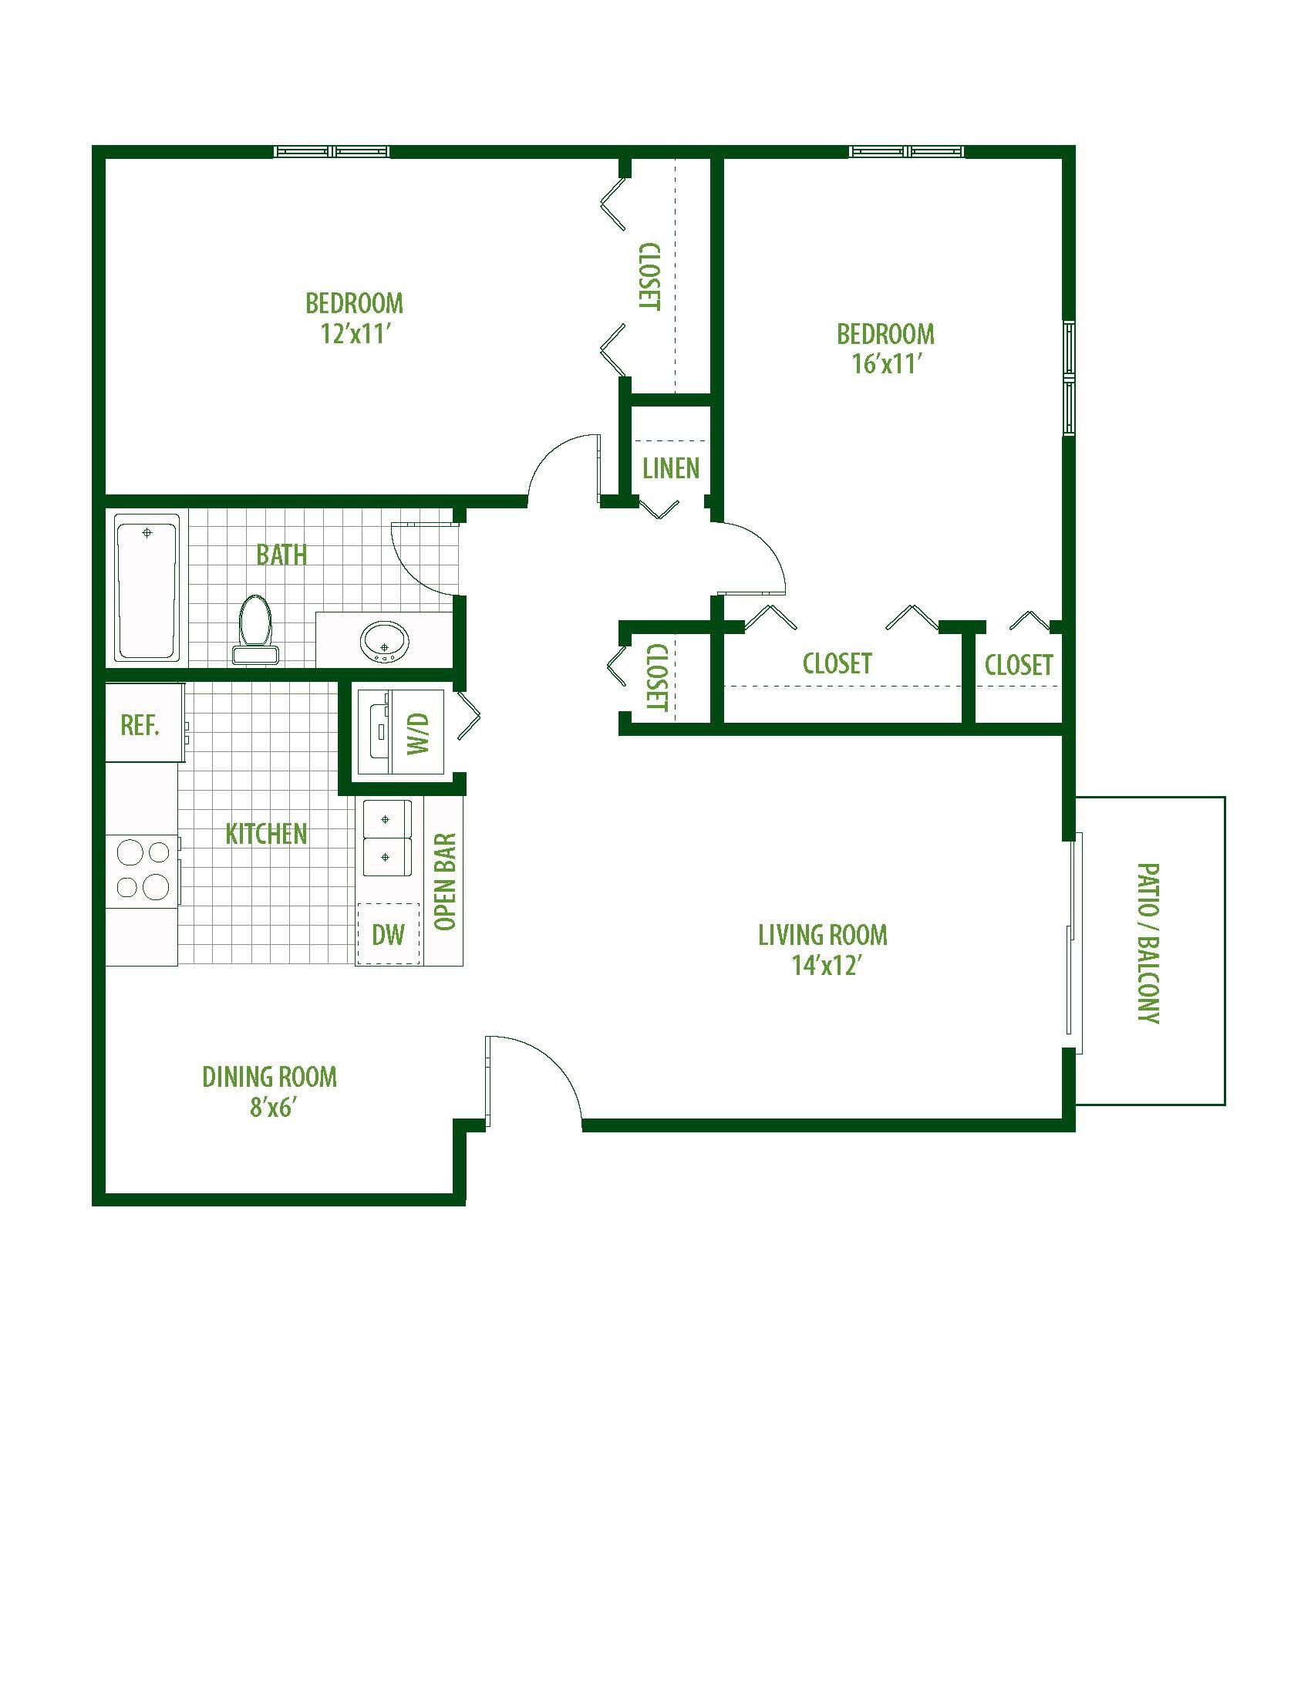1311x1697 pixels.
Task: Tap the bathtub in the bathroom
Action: pos(147,588)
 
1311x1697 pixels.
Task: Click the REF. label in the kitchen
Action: pos(140,725)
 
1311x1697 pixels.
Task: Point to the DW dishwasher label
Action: pos(389,934)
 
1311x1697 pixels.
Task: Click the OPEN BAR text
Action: pos(445,882)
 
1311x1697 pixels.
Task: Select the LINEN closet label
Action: pos(671,467)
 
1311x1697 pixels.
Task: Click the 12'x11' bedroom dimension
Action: pos(354,333)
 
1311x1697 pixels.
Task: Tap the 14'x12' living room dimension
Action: pos(824,964)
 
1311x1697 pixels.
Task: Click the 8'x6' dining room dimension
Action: pos(269,1107)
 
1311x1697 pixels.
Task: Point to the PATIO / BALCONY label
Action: pos(1148,943)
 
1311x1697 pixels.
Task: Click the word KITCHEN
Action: pos(265,834)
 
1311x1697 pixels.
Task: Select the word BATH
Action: pos(281,555)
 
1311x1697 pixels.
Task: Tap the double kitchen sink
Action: pos(387,838)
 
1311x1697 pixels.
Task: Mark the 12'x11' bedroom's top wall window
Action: pos(332,151)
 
